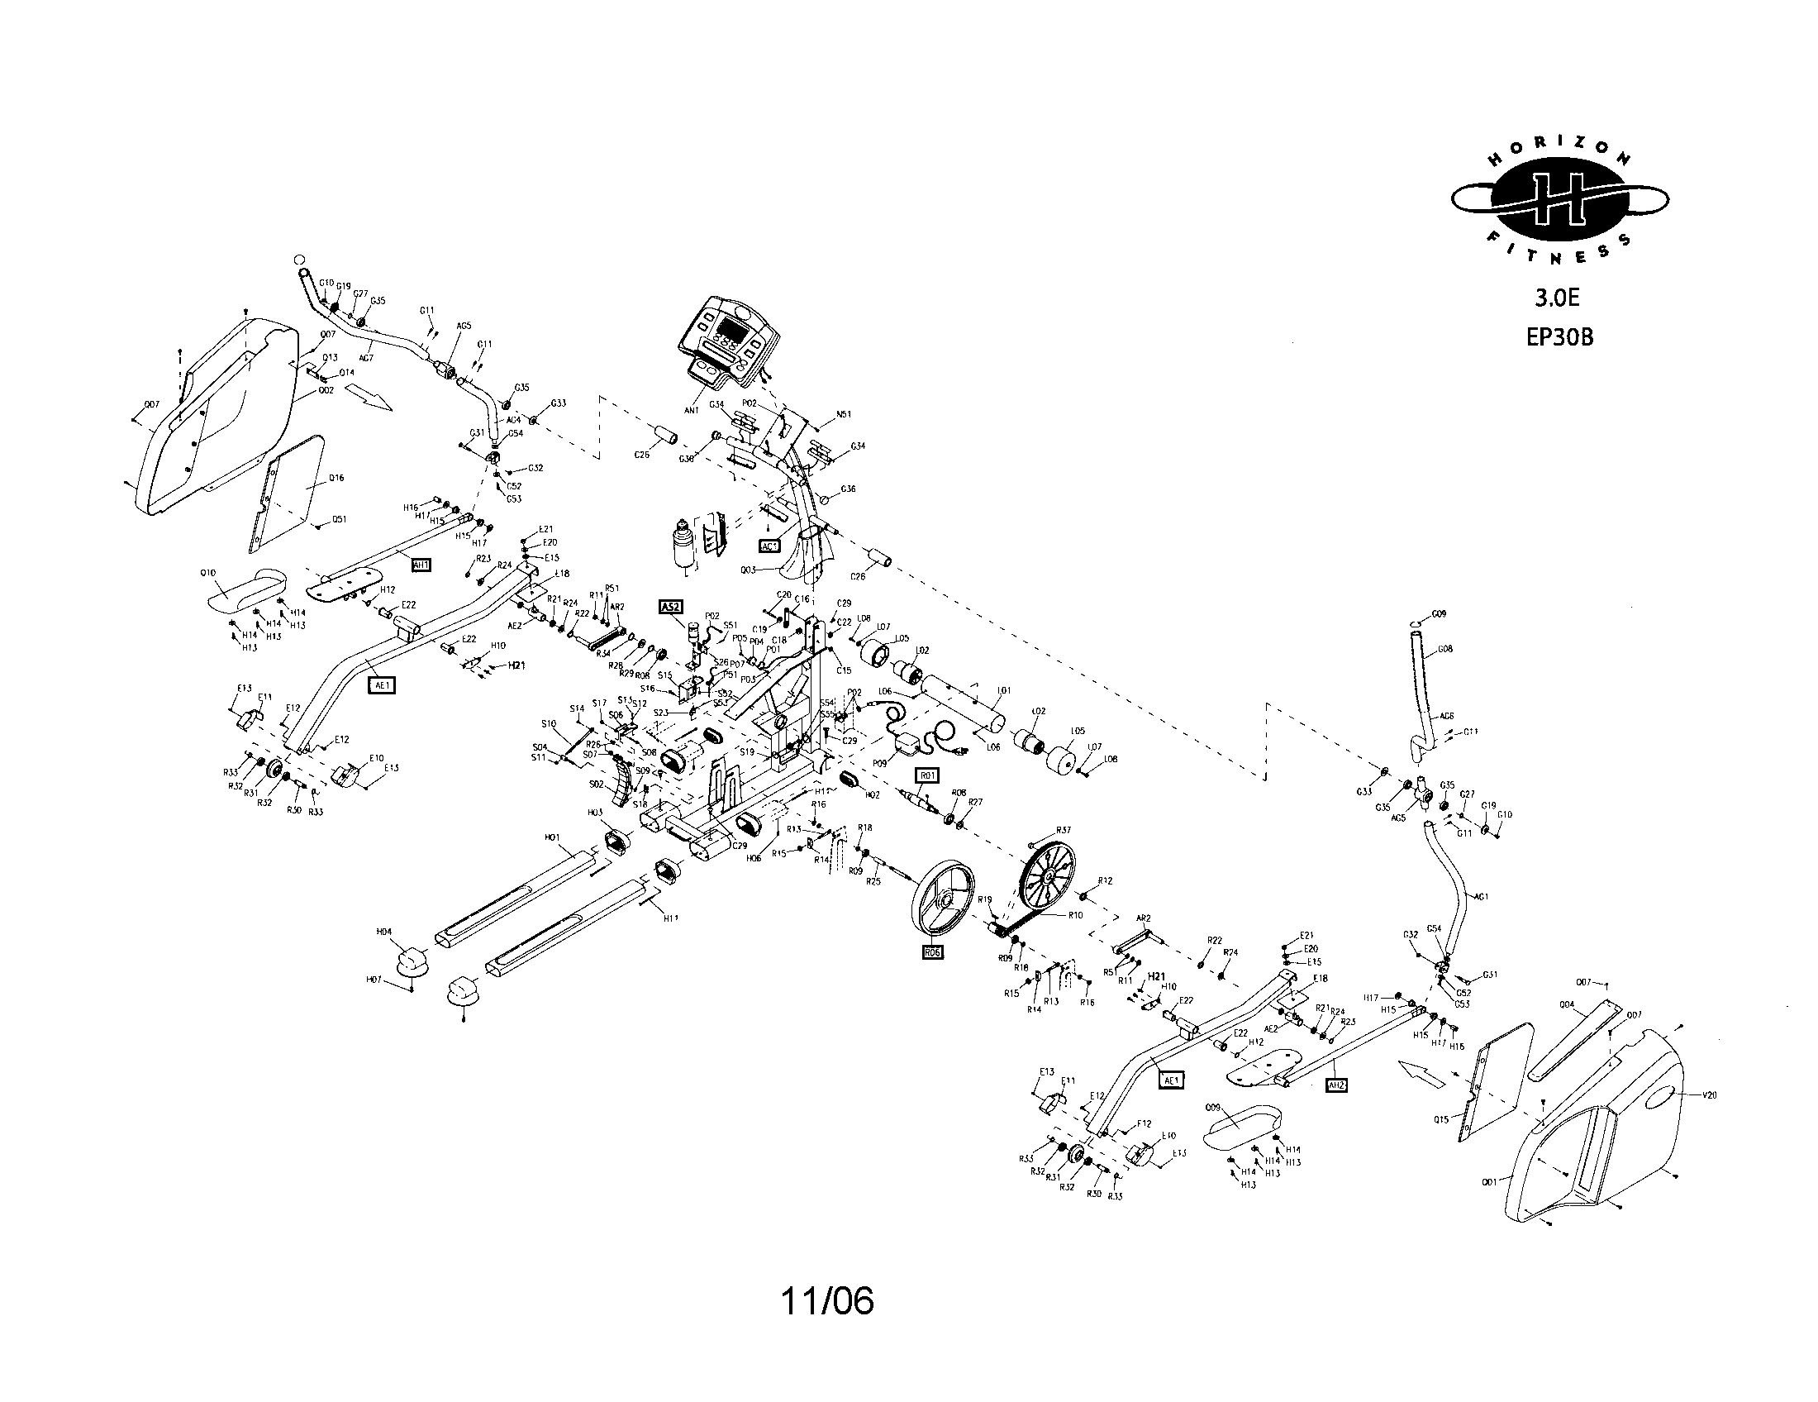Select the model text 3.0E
click(x=1558, y=298)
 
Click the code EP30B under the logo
click(x=1559, y=336)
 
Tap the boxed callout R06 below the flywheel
click(x=933, y=952)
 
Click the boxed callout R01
click(x=926, y=776)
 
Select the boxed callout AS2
click(x=670, y=607)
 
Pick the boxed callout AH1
click(x=421, y=565)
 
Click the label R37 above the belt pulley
click(x=1063, y=830)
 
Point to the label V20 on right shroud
click(x=1707, y=1095)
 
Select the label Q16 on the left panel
click(x=336, y=478)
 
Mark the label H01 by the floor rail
click(x=553, y=837)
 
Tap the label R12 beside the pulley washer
click(x=1105, y=880)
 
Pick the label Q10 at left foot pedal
click(x=208, y=573)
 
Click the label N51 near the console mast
click(x=843, y=414)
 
